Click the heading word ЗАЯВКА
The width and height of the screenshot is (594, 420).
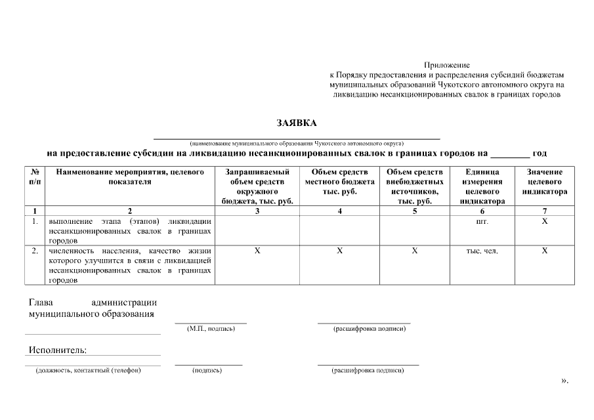297,123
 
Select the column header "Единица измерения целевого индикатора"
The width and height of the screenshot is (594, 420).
482,186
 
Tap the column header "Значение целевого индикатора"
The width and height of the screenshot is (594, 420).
544,182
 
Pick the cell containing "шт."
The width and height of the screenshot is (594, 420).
482,222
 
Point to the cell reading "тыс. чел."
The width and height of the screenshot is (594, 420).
482,251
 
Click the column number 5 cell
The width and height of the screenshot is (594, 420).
415,211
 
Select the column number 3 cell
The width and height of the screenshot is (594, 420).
257,211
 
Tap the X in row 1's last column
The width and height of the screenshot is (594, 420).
544,222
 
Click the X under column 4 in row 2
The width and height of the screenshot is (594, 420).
339,251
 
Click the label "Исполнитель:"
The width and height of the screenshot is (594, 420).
58,350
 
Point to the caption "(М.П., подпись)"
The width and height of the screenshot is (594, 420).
211,328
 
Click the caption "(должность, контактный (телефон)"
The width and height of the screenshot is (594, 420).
88,370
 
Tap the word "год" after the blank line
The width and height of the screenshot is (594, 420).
540,154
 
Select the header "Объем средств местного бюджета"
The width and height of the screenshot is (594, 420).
339,182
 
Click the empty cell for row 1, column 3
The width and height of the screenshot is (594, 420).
257,230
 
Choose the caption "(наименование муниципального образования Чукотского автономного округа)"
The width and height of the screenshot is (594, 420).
297,142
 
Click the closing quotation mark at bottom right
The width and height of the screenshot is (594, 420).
564,380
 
